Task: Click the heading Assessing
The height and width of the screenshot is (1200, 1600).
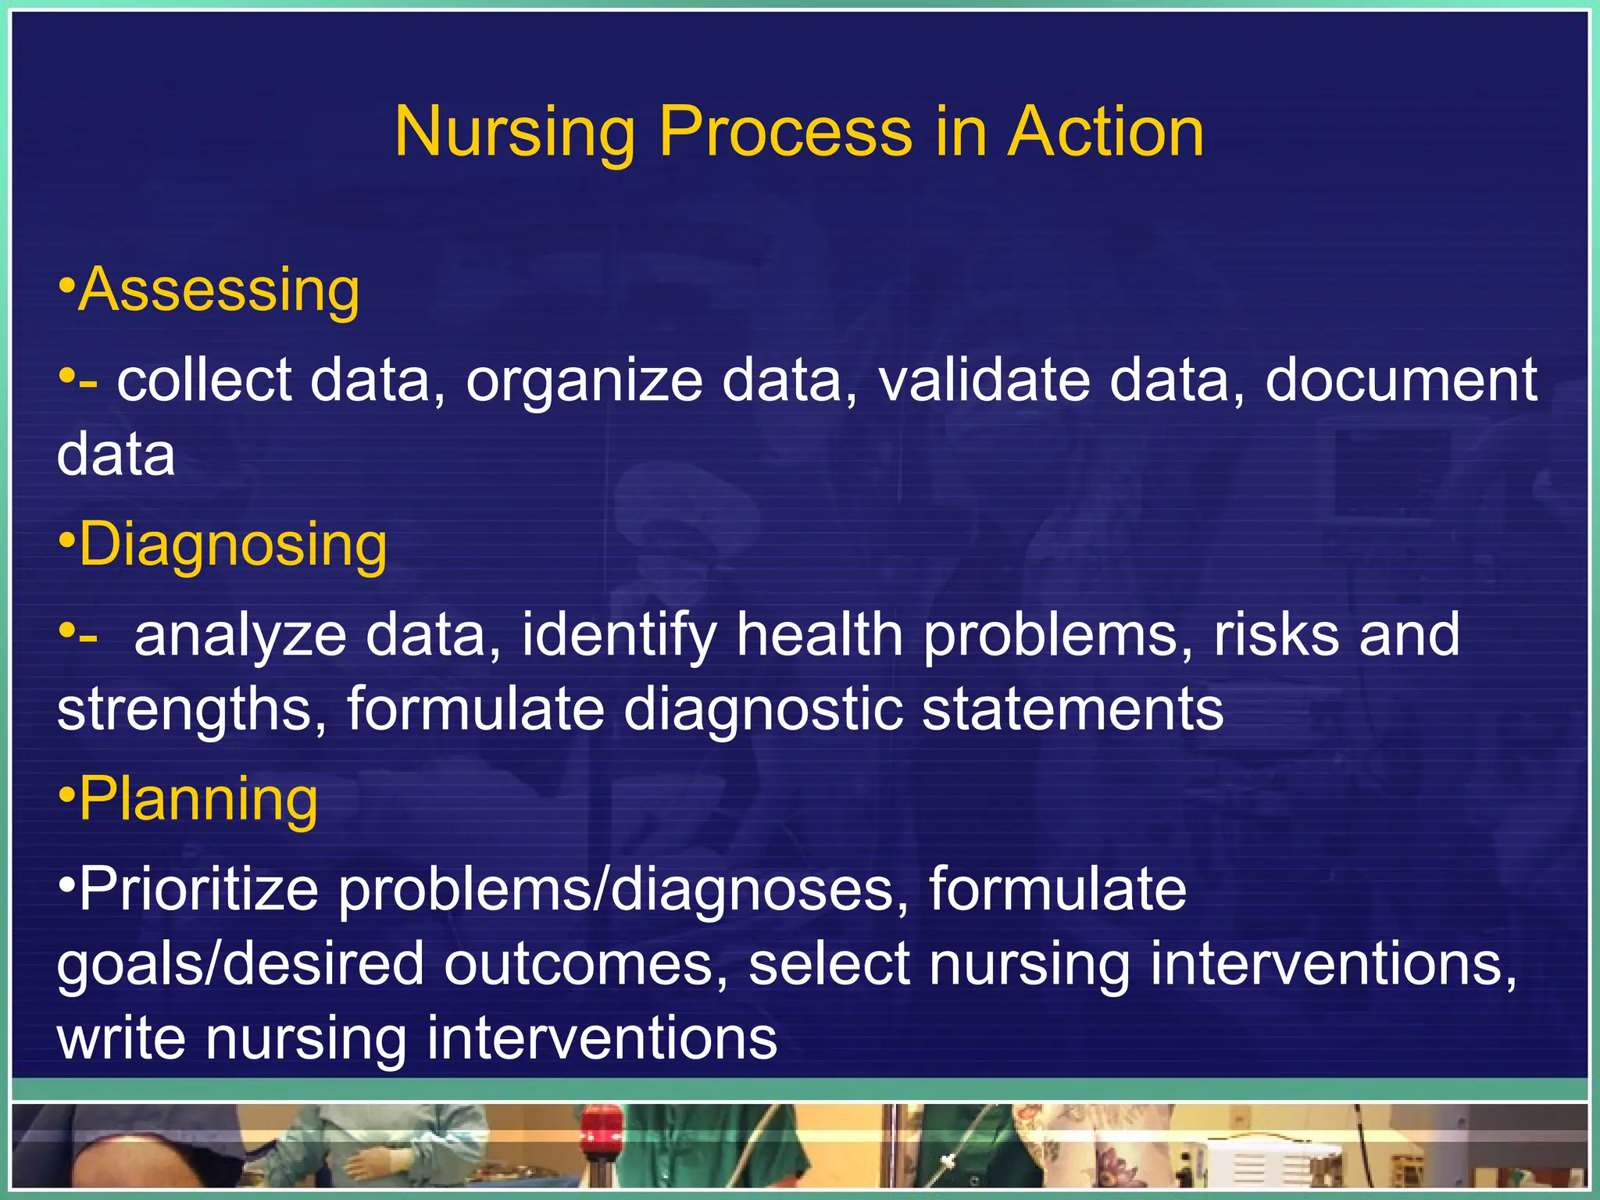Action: click(x=219, y=291)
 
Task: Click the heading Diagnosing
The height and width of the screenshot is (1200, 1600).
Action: click(x=233, y=545)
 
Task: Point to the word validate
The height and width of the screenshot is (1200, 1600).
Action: click(x=983, y=380)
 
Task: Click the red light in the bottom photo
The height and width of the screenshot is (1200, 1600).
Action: click(x=601, y=1126)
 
